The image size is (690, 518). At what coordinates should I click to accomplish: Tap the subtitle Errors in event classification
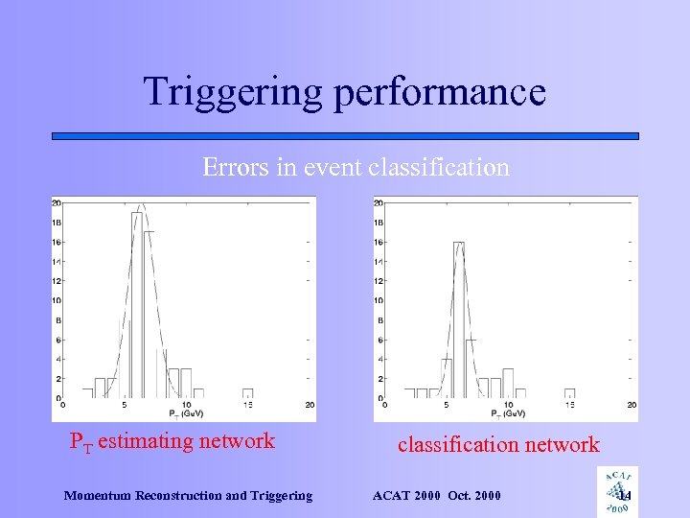356,167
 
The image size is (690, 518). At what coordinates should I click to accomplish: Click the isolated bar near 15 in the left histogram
248,393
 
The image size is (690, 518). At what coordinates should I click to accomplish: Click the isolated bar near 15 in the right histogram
570,393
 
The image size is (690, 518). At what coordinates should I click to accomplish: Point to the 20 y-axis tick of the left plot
57,202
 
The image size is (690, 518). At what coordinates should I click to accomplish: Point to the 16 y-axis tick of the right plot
379,242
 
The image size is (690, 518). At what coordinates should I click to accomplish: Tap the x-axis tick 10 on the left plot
186,405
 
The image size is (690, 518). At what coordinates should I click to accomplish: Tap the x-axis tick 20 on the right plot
632,405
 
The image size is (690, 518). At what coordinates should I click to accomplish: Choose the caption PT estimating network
172,442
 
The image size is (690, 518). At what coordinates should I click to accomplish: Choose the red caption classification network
498,444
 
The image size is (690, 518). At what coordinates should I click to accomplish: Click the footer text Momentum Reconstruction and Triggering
188,496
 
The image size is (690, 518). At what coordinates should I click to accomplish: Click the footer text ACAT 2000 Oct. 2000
436,496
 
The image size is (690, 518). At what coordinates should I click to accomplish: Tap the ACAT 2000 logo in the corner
616,490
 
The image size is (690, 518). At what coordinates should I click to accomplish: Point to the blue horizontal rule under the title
345,136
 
